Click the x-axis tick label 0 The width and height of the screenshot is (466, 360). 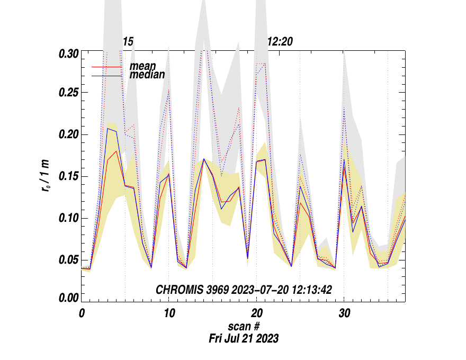click(x=82, y=313)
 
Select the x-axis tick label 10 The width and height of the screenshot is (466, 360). click(x=169, y=313)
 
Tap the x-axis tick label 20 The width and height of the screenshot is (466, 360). click(x=256, y=313)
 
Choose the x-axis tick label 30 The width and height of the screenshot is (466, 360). click(x=344, y=313)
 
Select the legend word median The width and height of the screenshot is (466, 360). click(x=147, y=75)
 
